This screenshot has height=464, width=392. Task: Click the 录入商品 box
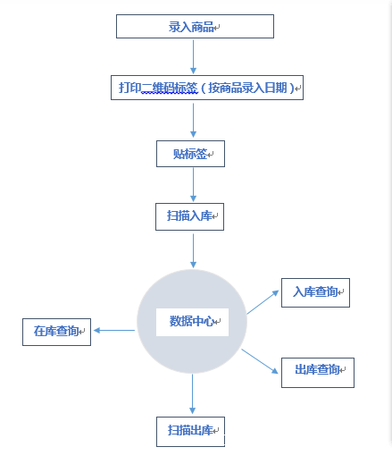click(195, 26)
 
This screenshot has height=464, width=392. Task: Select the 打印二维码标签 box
click(207, 88)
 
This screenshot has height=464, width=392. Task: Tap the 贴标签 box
click(190, 154)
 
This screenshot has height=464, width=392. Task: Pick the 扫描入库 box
click(189, 216)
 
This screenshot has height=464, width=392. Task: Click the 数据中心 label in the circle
click(192, 321)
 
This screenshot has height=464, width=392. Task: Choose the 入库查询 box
click(315, 292)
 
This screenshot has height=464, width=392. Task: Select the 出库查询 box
click(318, 373)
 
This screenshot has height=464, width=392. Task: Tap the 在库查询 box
click(56, 332)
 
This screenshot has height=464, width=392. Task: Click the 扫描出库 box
click(190, 432)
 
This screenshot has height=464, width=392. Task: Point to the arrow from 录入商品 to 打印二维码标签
click(193, 56)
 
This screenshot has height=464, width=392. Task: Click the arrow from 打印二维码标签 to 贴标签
click(193, 120)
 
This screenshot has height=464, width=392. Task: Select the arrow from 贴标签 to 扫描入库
click(193, 185)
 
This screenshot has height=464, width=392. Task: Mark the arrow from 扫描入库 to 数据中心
click(193, 251)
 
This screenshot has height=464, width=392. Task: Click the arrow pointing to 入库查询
click(263, 302)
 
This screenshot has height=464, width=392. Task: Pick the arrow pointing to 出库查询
click(260, 361)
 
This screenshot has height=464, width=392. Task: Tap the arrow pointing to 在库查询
click(114, 330)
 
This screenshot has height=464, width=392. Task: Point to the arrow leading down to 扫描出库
click(192, 394)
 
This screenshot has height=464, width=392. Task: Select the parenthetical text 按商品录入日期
click(247, 88)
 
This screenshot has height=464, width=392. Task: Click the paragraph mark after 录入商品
click(217, 28)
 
